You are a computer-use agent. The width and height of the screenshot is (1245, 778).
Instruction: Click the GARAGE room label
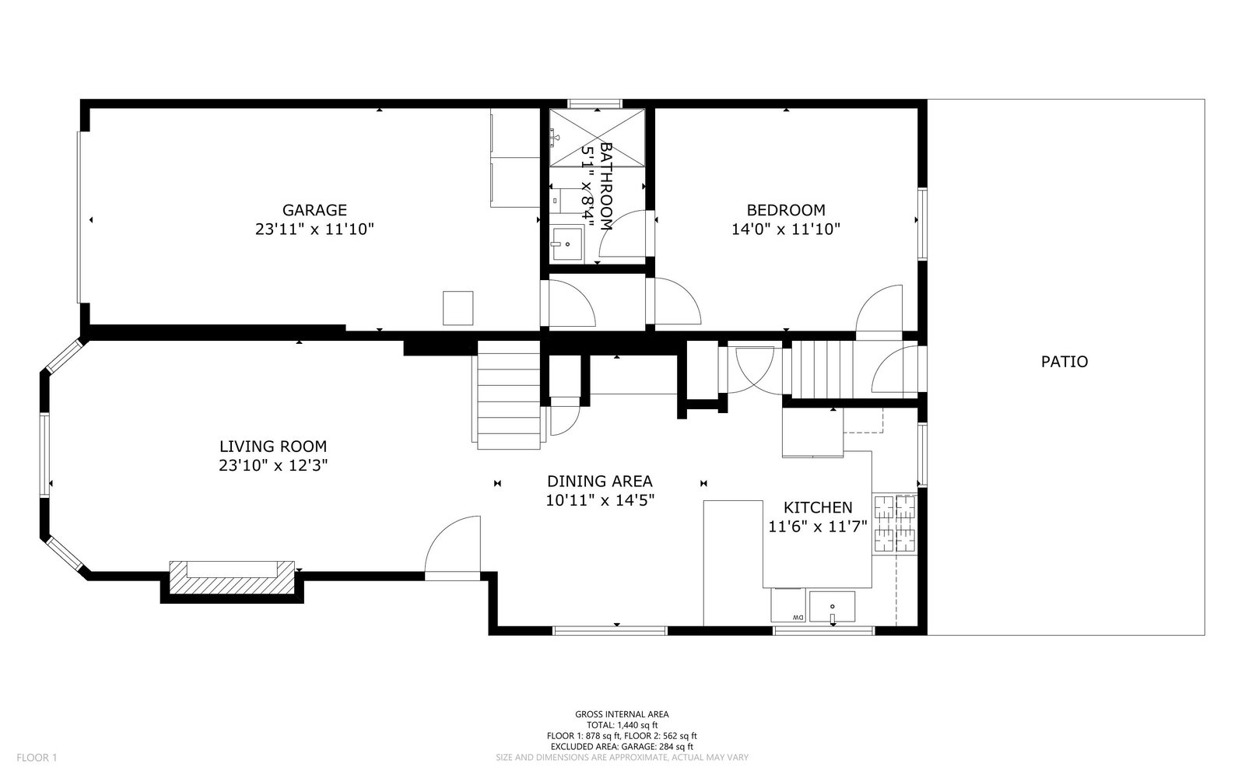[x=314, y=210]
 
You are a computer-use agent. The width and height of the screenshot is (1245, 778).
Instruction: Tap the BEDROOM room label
[x=786, y=210]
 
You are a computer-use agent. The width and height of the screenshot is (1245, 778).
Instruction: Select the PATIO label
[x=1064, y=362]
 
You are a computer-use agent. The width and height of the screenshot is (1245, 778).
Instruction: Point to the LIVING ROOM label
[x=273, y=447]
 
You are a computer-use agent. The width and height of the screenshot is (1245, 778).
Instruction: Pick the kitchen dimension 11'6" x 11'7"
[x=818, y=526]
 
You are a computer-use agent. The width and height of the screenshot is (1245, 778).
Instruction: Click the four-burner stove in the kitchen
[x=894, y=524]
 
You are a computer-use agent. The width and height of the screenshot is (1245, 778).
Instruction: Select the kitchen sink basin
[x=832, y=607]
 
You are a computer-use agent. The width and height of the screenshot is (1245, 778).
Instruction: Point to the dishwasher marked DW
[x=788, y=605]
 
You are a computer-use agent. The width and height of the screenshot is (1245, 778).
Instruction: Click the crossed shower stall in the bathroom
[x=597, y=138]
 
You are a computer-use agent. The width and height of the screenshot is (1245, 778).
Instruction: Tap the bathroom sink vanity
[x=566, y=244]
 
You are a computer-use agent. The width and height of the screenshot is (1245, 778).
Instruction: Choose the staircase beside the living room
[x=509, y=395]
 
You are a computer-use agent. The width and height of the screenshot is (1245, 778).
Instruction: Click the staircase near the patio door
[x=822, y=370]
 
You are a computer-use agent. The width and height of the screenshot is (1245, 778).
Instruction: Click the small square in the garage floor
[x=458, y=308]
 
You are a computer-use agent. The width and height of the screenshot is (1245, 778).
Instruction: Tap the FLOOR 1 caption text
[x=37, y=758]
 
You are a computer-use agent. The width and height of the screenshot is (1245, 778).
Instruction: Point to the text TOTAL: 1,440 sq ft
[x=622, y=724]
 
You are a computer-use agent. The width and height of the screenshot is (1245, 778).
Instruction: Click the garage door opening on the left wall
[x=79, y=217]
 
